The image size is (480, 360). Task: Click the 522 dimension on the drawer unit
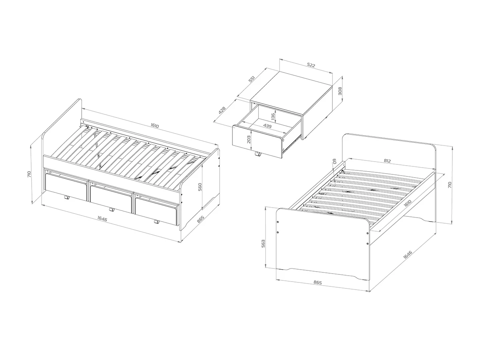[311, 65]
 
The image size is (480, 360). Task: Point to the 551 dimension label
[252, 79]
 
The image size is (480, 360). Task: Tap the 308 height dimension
[340, 91]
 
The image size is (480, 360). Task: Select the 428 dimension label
[222, 110]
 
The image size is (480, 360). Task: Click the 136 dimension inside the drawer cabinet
[273, 117]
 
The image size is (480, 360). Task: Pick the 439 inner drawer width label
[267, 126]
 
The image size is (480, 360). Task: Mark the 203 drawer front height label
[249, 140]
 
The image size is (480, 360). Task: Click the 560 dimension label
[200, 187]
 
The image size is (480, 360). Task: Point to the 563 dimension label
[263, 244]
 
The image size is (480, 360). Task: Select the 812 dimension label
[387, 161]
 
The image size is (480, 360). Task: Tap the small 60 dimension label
[334, 161]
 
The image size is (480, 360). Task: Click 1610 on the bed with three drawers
[155, 126]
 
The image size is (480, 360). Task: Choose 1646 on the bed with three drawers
[102, 218]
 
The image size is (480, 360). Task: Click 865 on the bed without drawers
[318, 282]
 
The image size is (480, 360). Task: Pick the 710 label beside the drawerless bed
[450, 185]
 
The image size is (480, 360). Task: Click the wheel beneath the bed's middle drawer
[112, 210]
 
